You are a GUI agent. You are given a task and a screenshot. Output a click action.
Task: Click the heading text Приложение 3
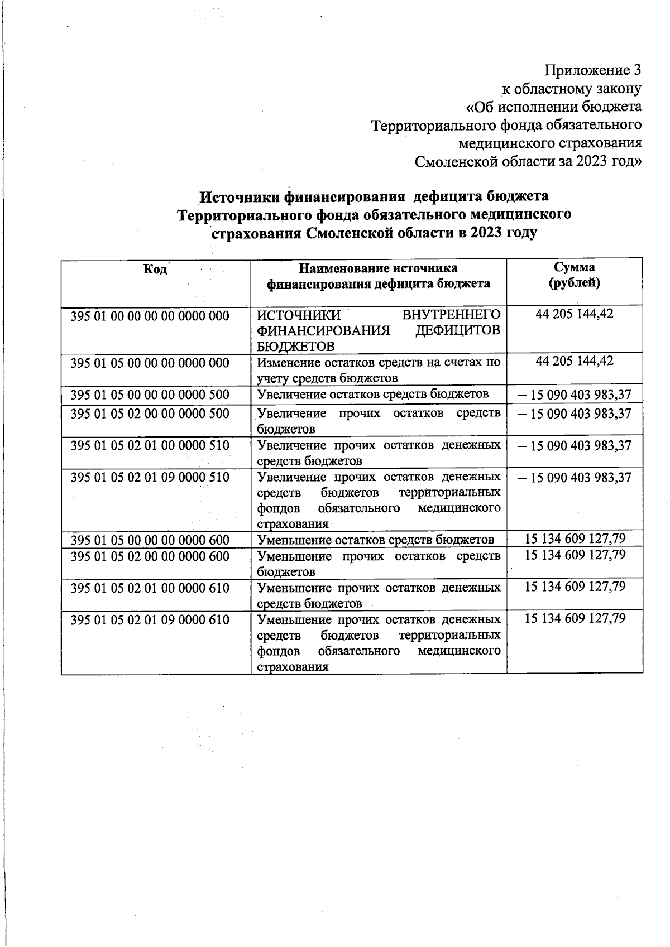(593, 70)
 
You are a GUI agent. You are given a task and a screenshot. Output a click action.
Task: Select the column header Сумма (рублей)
(575, 275)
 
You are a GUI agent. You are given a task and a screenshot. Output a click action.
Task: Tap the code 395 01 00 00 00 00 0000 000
(150, 316)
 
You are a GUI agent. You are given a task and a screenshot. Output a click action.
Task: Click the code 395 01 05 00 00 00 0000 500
(150, 395)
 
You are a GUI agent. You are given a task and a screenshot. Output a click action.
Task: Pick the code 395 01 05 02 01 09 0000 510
(150, 477)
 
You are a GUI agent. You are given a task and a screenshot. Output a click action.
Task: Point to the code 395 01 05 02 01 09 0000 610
(150, 620)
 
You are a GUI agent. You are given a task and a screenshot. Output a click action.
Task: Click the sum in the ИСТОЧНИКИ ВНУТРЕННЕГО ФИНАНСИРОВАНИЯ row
(575, 314)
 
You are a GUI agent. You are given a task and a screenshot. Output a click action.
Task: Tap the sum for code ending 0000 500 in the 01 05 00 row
(575, 395)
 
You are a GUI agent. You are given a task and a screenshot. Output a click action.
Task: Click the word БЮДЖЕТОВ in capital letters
(295, 346)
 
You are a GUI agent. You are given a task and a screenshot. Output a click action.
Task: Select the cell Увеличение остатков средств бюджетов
(373, 395)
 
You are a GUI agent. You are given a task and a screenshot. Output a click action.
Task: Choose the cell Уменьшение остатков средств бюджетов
(375, 540)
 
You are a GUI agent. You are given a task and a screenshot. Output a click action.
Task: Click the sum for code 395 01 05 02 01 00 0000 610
(575, 587)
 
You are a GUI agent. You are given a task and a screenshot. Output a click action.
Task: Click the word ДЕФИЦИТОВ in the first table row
(458, 330)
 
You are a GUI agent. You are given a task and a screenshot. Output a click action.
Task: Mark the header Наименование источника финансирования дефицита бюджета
(379, 276)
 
